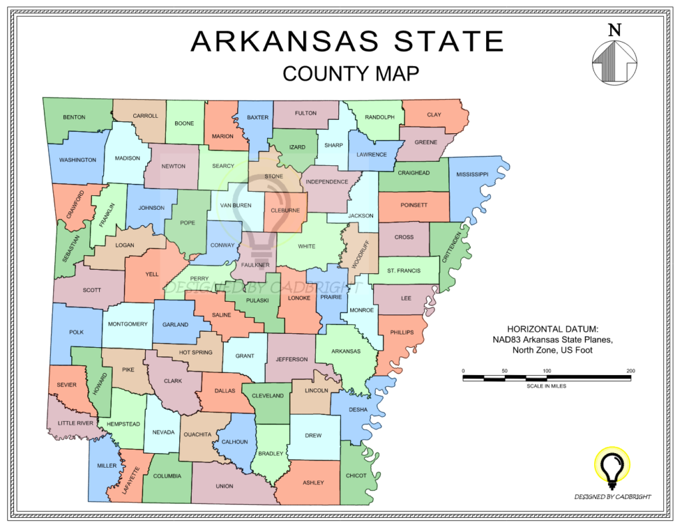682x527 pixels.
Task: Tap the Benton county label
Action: pos(74,117)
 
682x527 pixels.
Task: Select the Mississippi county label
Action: pos(472,174)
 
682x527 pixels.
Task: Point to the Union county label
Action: pos(224,486)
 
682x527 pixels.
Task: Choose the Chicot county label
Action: pos(356,476)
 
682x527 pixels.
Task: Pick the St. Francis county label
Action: pos(404,270)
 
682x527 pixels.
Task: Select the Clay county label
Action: pos(434,115)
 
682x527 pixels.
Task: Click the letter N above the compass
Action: pos(614,30)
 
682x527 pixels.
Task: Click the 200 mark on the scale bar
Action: pos(631,370)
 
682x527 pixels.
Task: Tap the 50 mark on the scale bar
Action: pos(505,370)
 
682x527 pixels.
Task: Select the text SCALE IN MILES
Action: pos(546,386)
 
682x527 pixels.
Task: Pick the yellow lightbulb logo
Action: pos(611,468)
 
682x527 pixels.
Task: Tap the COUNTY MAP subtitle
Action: pos(350,73)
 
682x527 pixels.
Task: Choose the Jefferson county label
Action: pos(292,359)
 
